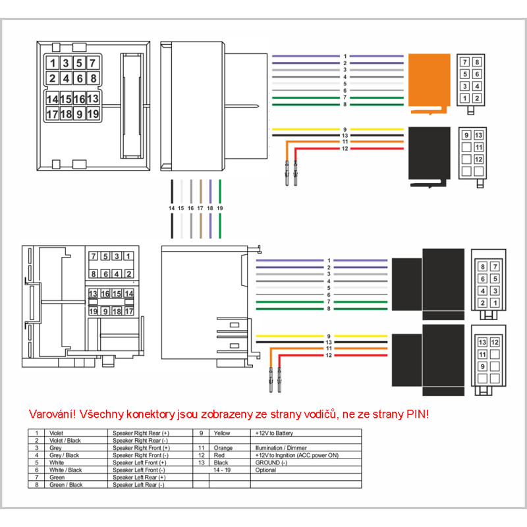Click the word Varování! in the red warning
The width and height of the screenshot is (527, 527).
click(52, 414)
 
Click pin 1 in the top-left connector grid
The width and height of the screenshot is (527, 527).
click(51, 63)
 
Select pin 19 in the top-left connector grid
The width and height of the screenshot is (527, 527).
click(93, 114)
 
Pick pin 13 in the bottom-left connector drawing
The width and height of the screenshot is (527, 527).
click(94, 293)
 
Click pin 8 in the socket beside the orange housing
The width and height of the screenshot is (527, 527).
click(477, 62)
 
